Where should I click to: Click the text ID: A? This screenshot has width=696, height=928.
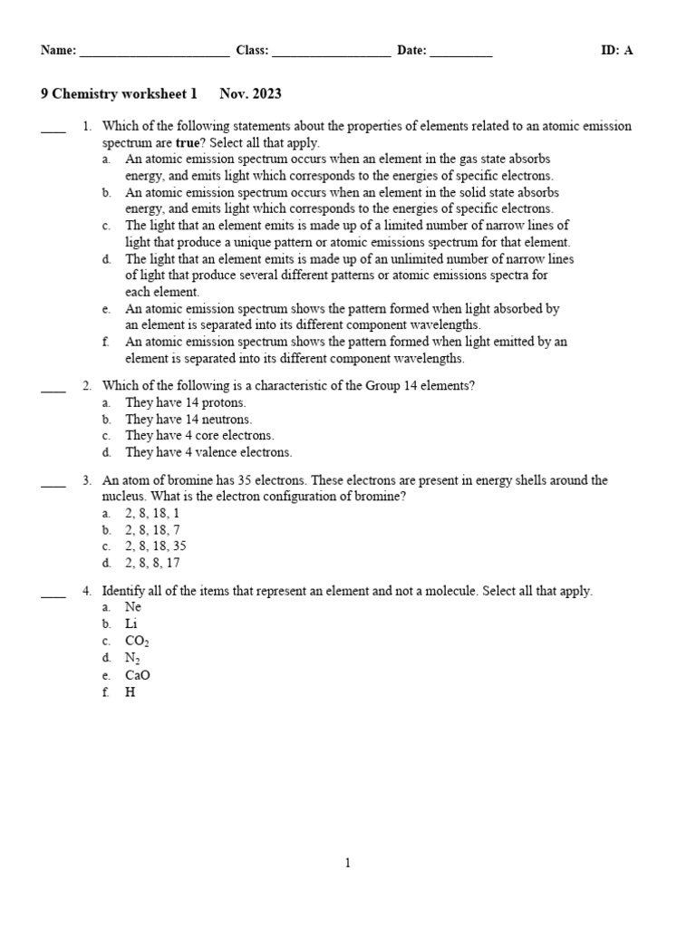coord(616,51)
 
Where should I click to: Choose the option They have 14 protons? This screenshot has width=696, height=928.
coord(186,402)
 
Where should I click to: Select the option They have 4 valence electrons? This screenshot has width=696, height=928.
coord(208,452)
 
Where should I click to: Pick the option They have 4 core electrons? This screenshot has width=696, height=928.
coord(199,436)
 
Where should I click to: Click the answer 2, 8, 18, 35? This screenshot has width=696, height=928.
coord(156,546)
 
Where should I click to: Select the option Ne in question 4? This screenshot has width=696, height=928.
coord(133,607)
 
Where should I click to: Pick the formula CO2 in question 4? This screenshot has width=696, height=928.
coord(137,641)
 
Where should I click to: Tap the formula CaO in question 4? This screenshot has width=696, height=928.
coord(138,675)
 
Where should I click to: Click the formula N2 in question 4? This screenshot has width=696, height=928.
coord(132,658)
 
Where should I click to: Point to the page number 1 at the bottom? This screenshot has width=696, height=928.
coord(347,864)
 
